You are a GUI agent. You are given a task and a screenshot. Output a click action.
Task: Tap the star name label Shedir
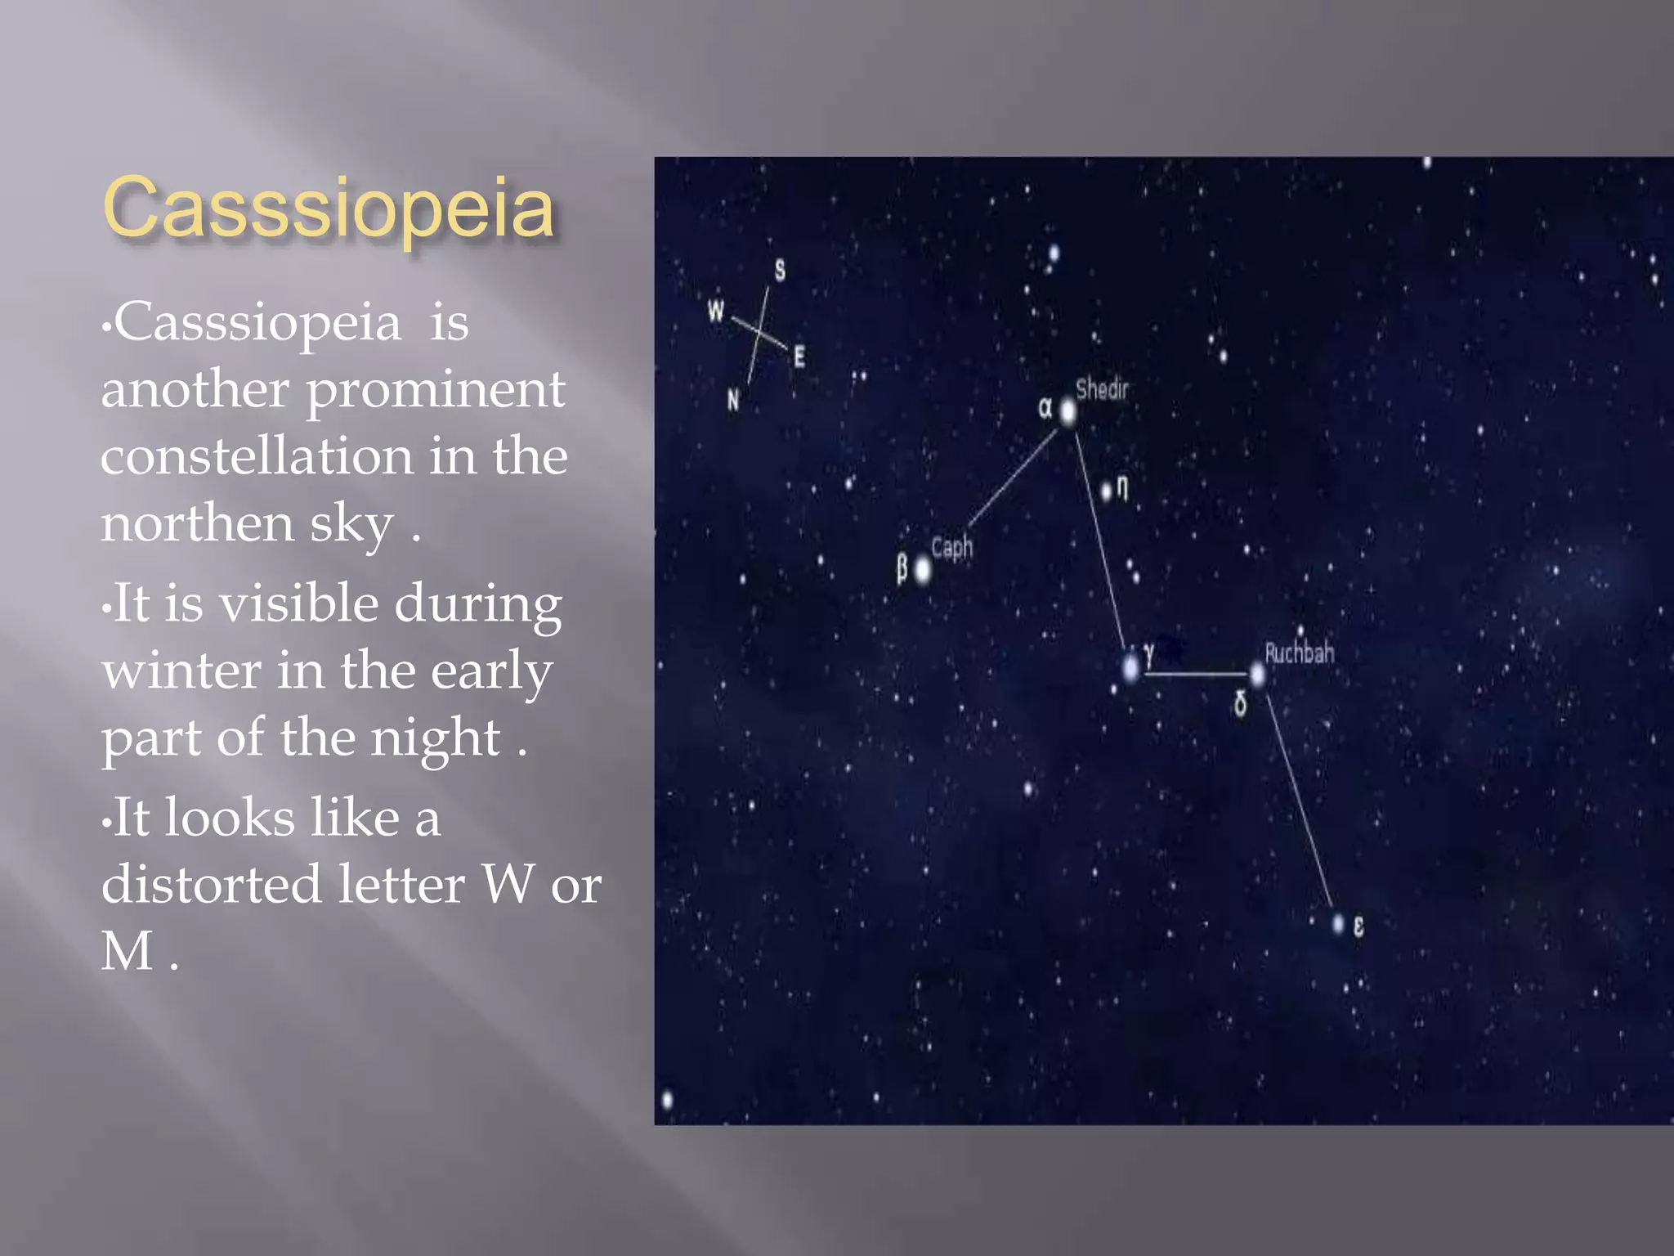1101,389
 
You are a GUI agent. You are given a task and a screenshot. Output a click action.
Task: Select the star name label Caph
951,547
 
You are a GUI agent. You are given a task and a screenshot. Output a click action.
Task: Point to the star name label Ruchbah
1299,653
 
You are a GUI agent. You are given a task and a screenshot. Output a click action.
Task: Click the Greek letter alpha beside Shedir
1045,407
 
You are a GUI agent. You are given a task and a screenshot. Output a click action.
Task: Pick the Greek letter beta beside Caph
902,567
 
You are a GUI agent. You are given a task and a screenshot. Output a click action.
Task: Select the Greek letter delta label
1240,703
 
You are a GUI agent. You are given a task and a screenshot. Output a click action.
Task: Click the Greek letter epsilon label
1358,926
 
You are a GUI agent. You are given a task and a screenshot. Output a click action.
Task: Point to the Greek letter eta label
1123,487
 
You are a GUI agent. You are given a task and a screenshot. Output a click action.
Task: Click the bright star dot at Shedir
1068,411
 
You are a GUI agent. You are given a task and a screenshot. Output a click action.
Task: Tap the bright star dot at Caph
923,570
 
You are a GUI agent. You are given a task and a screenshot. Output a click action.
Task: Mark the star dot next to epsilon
1338,924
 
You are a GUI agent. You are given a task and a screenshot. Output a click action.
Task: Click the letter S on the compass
780,270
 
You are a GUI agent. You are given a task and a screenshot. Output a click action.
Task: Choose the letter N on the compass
733,400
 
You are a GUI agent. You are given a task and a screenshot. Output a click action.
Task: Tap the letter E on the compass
799,357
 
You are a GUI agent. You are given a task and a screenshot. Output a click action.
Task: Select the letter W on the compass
716,311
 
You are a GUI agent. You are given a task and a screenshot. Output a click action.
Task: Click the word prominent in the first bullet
435,391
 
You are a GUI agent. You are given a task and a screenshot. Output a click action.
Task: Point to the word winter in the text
181,671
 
